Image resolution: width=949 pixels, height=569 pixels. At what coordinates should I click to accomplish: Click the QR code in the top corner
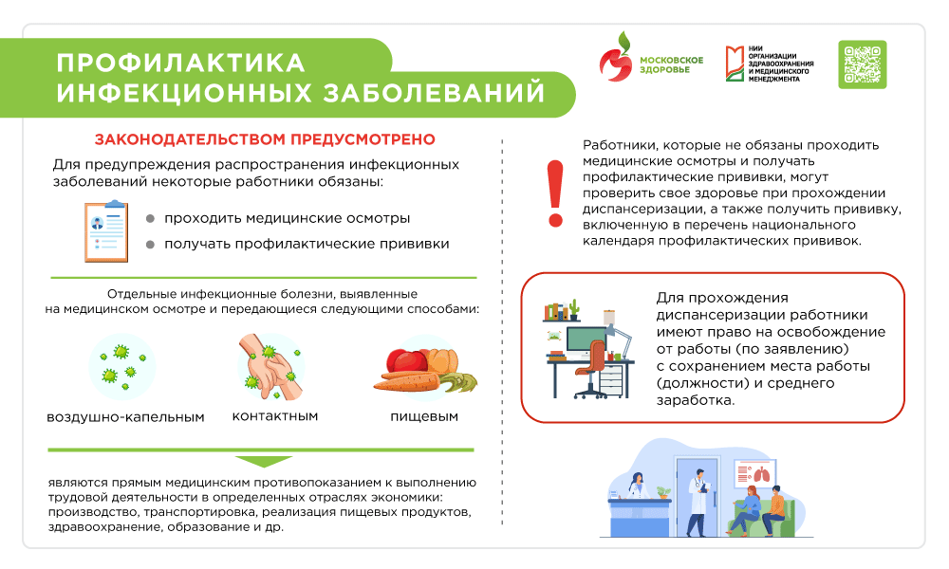click(x=863, y=64)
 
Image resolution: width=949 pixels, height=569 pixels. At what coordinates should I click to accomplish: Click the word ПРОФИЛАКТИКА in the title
click(x=180, y=63)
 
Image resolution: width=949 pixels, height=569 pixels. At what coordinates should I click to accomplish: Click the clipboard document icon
click(x=105, y=230)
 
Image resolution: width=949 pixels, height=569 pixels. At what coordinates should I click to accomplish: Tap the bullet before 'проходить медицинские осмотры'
click(x=150, y=218)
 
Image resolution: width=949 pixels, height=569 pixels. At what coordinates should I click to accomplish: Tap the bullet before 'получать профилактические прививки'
click(x=150, y=245)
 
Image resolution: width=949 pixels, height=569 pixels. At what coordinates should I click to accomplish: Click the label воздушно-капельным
click(x=125, y=417)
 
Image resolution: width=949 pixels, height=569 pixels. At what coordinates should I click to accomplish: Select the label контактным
click(x=274, y=415)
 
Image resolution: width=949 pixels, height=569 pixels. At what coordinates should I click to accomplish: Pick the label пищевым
click(x=423, y=416)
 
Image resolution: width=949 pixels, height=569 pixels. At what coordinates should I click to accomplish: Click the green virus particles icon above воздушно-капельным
click(x=121, y=365)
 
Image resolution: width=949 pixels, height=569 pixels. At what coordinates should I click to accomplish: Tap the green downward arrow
click(x=263, y=462)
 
